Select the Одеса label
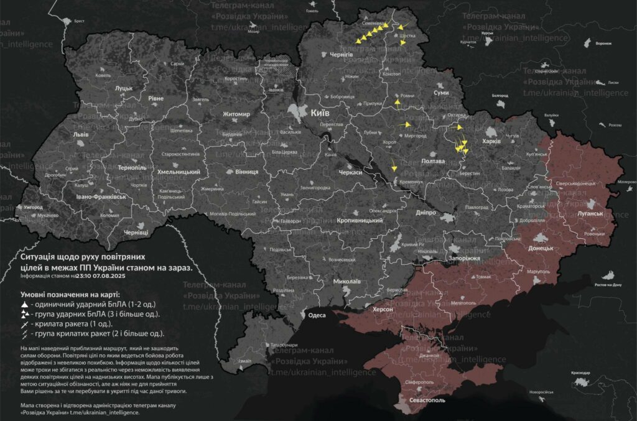click(x=317, y=315)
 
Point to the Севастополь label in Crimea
click(x=426, y=400)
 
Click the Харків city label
click(x=491, y=141)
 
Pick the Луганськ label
click(x=590, y=213)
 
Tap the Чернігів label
click(x=342, y=55)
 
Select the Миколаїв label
click(x=346, y=282)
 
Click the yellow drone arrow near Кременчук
click(x=393, y=166)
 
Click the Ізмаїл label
click(x=245, y=361)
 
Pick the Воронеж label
click(x=603, y=44)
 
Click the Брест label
click(x=79, y=21)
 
